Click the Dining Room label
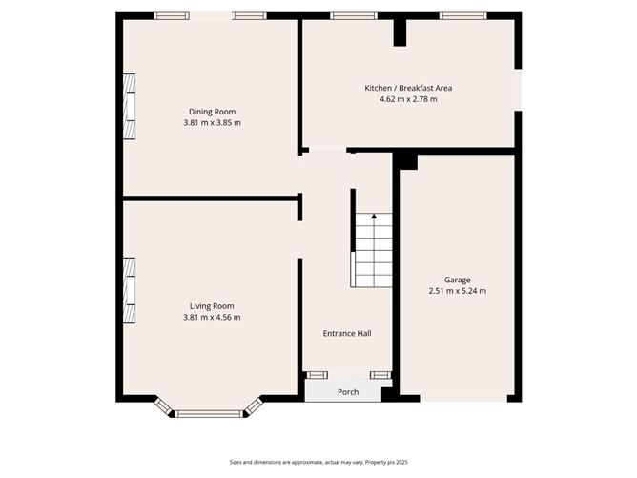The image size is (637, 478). [x=212, y=112]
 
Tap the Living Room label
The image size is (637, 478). [x=212, y=306]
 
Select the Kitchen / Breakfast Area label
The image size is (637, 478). [x=408, y=88]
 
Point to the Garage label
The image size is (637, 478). [x=457, y=280]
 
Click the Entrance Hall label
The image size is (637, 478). [x=347, y=333]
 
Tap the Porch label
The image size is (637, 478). [x=348, y=392]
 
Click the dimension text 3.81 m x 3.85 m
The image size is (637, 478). [x=212, y=122]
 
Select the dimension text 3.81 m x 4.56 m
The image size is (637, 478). [x=212, y=317]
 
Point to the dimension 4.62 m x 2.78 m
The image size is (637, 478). [x=408, y=98]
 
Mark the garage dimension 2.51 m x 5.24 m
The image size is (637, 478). [x=457, y=290]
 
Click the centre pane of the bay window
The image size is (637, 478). [x=211, y=413]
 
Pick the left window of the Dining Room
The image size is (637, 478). [x=172, y=15]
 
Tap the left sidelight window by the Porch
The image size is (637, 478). [x=316, y=374]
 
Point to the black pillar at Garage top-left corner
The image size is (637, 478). [x=407, y=161]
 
